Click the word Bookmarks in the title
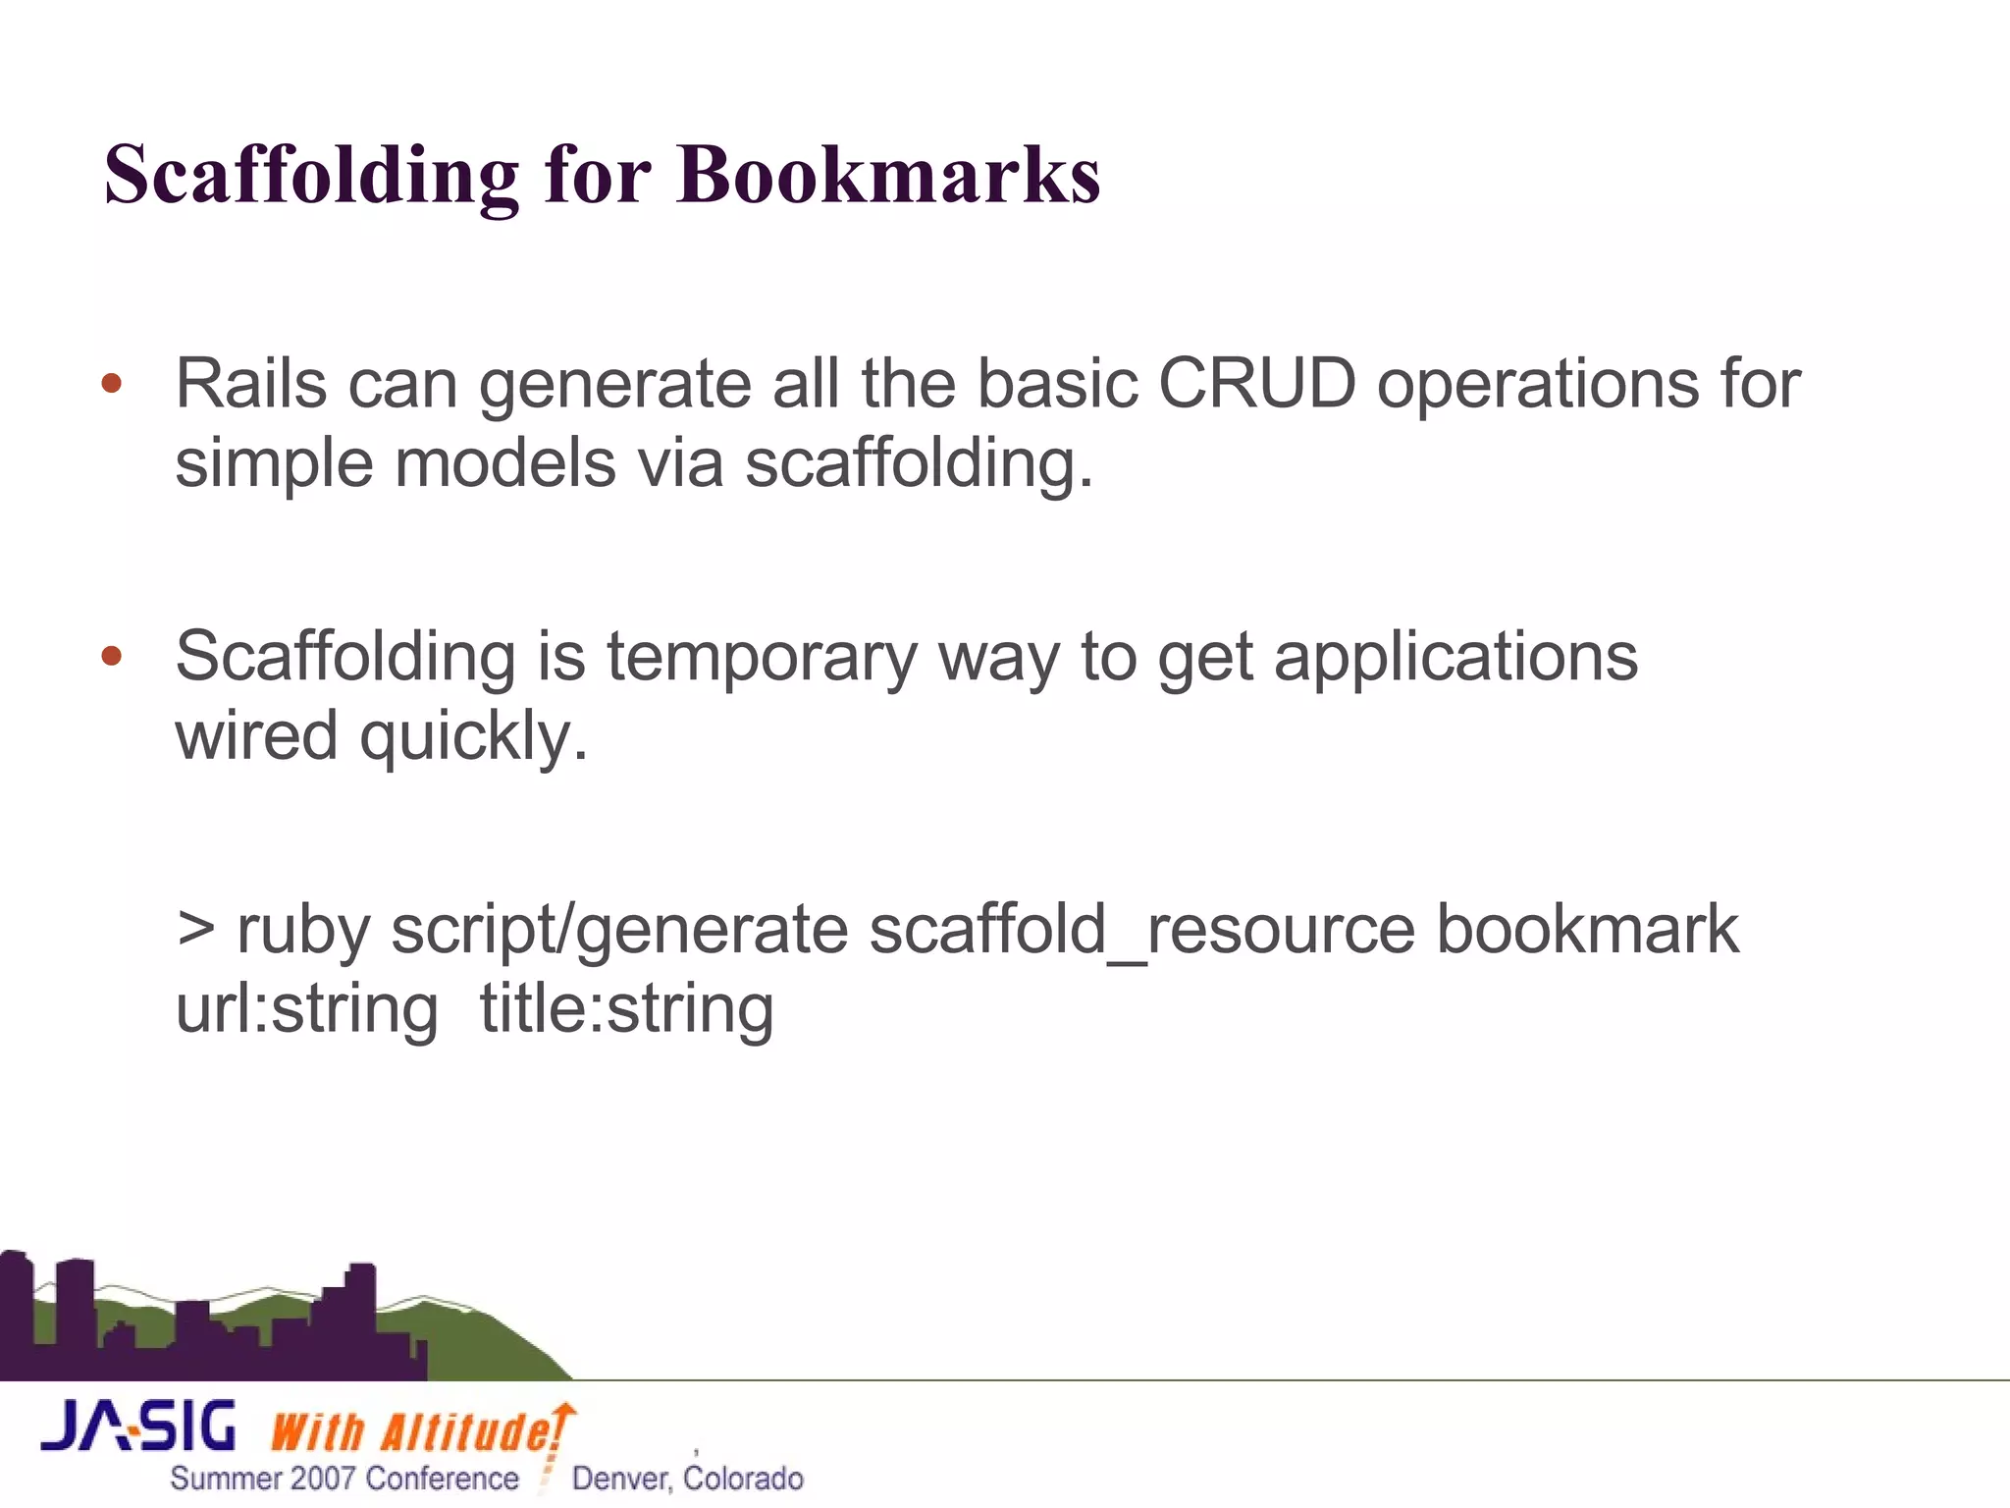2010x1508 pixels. point(888,175)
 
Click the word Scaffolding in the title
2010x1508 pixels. point(311,175)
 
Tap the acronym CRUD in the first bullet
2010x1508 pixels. point(1257,383)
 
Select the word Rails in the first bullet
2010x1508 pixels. point(250,383)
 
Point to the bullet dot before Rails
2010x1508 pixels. point(112,383)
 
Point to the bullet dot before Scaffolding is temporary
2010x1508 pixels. point(112,656)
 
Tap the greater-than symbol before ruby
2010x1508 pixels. point(196,929)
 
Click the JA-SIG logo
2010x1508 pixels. point(138,1427)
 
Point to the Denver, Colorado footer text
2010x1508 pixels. point(687,1479)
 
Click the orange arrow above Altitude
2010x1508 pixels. point(563,1414)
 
